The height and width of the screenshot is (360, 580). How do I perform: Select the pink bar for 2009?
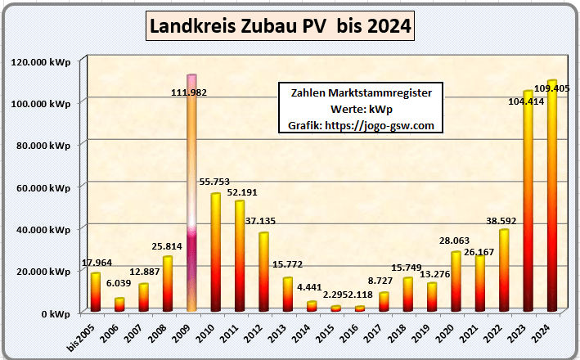pos(192,196)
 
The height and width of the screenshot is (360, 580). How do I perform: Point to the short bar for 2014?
pos(312,306)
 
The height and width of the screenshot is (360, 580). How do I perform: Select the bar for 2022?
pos(504,270)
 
